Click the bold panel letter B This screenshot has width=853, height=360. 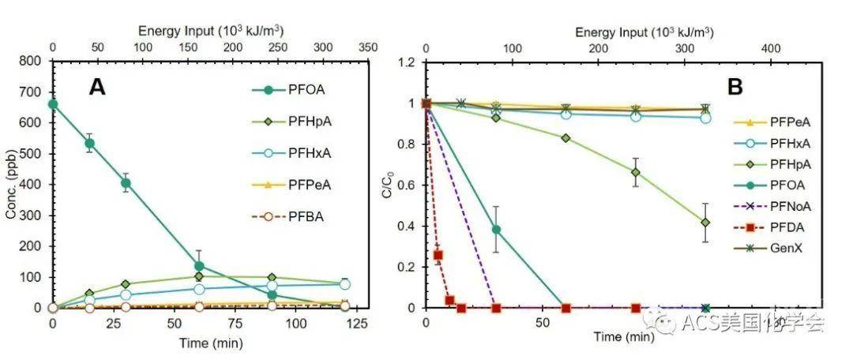[735, 88]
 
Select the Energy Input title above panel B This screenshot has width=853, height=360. [644, 32]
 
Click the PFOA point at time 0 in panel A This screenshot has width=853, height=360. [53, 103]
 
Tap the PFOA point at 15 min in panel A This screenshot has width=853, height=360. [90, 144]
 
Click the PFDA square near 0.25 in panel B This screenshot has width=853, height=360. [438, 255]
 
